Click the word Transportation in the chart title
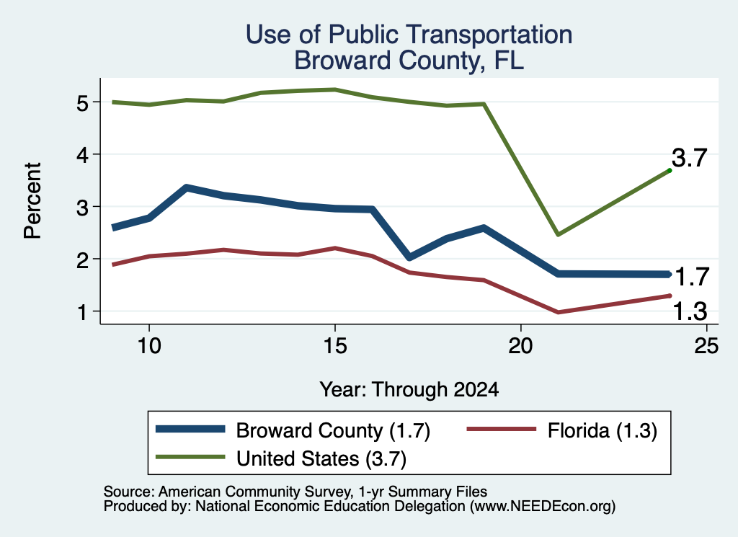tap(489, 35)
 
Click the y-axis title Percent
tap(33, 200)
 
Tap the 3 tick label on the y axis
tap(82, 207)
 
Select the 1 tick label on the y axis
tap(82, 311)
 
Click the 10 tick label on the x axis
tap(149, 346)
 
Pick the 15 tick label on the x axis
tap(334, 346)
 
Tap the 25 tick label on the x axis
tap(706, 346)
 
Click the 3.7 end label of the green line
tap(690, 158)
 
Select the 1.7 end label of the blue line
tap(692, 277)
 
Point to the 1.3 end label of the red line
tap(690, 311)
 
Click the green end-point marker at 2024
tap(670, 170)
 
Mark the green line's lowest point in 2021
tap(558, 234)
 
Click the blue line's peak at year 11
tap(187, 188)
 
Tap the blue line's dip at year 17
tap(409, 257)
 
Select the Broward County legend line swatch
tap(190, 429)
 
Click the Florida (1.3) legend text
tap(603, 430)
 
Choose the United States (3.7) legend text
tap(321, 458)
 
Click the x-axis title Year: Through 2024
tap(409, 390)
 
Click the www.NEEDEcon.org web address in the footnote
tap(543, 507)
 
